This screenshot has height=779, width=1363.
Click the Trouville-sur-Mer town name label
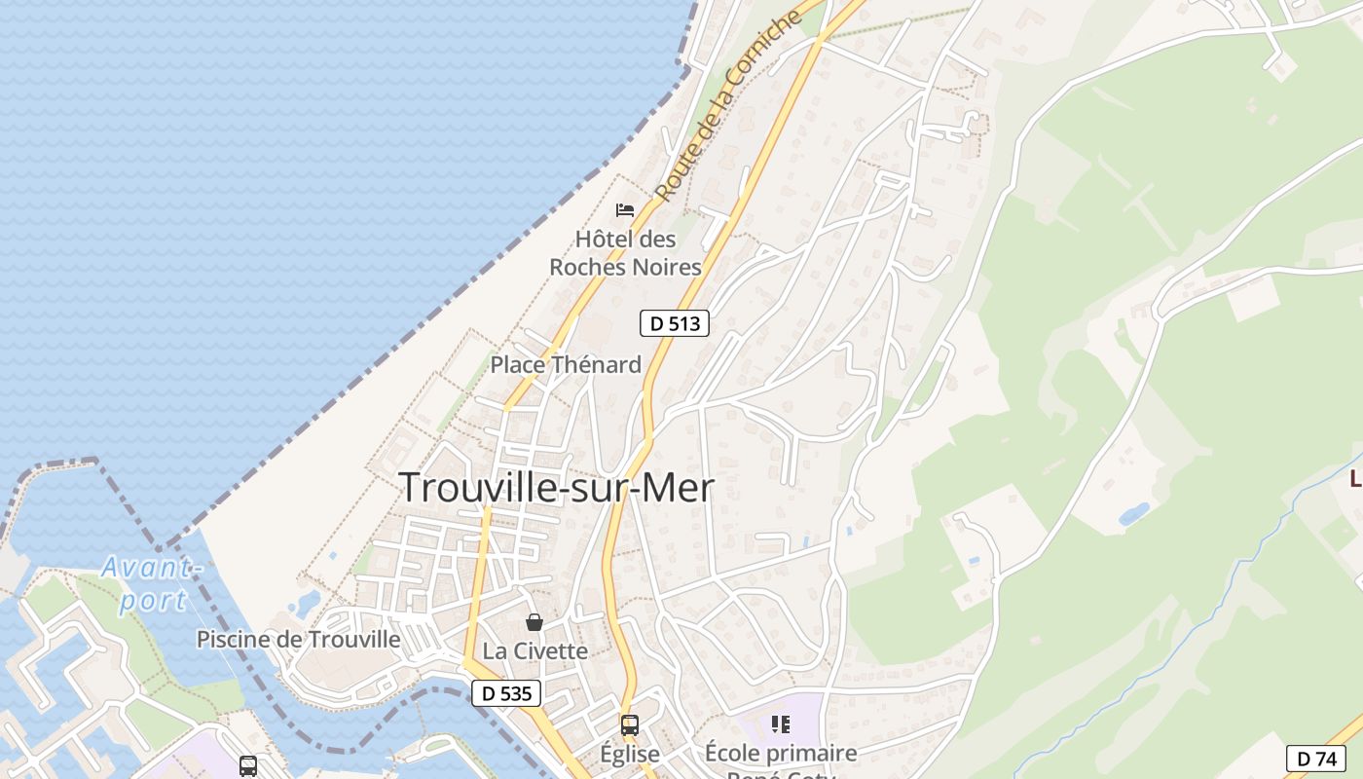point(557,488)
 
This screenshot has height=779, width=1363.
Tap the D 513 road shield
point(674,323)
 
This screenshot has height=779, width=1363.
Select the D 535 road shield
point(506,693)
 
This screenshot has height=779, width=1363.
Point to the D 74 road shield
point(1315,759)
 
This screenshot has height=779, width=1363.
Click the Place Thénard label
point(566,365)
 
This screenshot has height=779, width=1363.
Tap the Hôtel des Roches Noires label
point(625,253)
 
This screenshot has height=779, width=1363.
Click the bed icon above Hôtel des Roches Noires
point(625,209)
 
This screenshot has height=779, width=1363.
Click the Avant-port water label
point(151,582)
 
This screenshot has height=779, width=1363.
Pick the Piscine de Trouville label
point(298,640)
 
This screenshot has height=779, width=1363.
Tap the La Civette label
point(535,651)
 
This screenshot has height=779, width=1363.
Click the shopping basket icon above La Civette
point(534,622)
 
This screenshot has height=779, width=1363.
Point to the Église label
point(630,754)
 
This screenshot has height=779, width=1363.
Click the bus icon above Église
point(630,725)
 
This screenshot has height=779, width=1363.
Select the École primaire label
point(781,753)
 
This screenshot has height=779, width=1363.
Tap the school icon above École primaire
point(780,723)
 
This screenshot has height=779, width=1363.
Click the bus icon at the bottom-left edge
point(248,766)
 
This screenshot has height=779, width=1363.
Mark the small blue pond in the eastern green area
point(1133,514)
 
